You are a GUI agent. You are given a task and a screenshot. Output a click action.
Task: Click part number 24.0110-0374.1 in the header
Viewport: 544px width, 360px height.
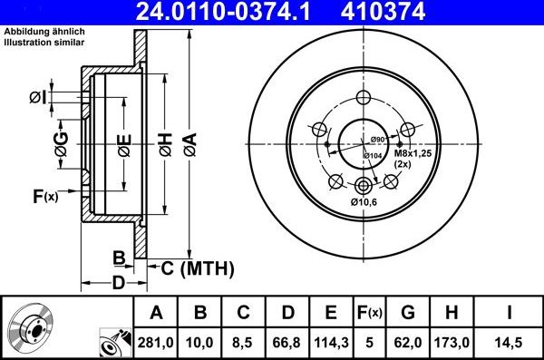coord(226,12)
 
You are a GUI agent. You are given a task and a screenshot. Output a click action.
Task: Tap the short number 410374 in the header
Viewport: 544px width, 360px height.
coord(406,12)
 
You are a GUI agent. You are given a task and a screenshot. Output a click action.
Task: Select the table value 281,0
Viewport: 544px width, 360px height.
coord(156,342)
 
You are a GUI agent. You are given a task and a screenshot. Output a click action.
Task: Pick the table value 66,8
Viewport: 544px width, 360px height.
coord(287,342)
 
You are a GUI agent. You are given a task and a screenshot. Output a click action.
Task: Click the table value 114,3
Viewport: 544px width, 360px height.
coord(331,342)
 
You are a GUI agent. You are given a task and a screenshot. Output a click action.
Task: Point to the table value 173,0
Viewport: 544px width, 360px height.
coord(451,342)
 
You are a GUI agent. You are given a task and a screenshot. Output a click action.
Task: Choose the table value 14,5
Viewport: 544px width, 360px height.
coord(509,342)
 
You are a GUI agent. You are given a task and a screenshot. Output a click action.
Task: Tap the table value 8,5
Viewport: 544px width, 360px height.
coord(243,342)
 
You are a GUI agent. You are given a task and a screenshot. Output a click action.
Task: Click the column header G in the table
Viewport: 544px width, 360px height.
coord(407,313)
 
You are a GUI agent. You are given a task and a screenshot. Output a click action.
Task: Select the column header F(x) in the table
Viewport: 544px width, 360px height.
coord(369,313)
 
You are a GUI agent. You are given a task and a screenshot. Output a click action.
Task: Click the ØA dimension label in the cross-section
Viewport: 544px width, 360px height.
coord(189,143)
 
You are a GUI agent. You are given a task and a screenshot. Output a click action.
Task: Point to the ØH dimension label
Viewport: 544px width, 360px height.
coord(165,143)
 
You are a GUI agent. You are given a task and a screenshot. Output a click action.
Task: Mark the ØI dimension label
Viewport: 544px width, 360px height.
coord(37,97)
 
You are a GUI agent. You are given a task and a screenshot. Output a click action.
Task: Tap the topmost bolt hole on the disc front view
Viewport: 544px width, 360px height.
coord(364,99)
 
